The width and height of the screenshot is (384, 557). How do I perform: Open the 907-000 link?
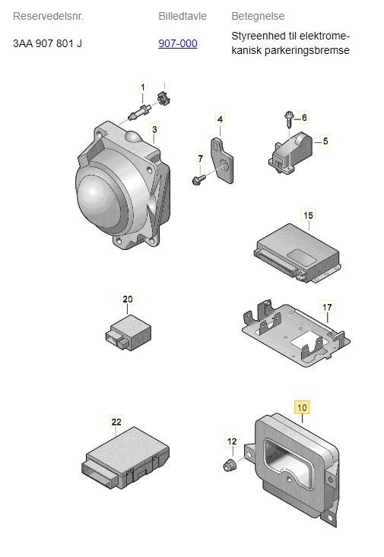pos(178,43)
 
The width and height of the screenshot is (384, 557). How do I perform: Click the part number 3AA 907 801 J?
pos(47,43)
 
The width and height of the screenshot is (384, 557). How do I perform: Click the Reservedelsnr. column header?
pos(48,16)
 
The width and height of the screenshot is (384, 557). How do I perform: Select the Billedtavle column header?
pos(182,16)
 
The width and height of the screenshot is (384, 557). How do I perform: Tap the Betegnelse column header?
pos(258,16)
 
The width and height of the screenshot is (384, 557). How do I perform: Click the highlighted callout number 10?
pos(302,407)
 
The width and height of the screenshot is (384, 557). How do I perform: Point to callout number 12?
pos(232,441)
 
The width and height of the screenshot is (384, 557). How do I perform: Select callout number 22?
pos(116,422)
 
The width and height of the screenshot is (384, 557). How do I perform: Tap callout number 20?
pos(128,299)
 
